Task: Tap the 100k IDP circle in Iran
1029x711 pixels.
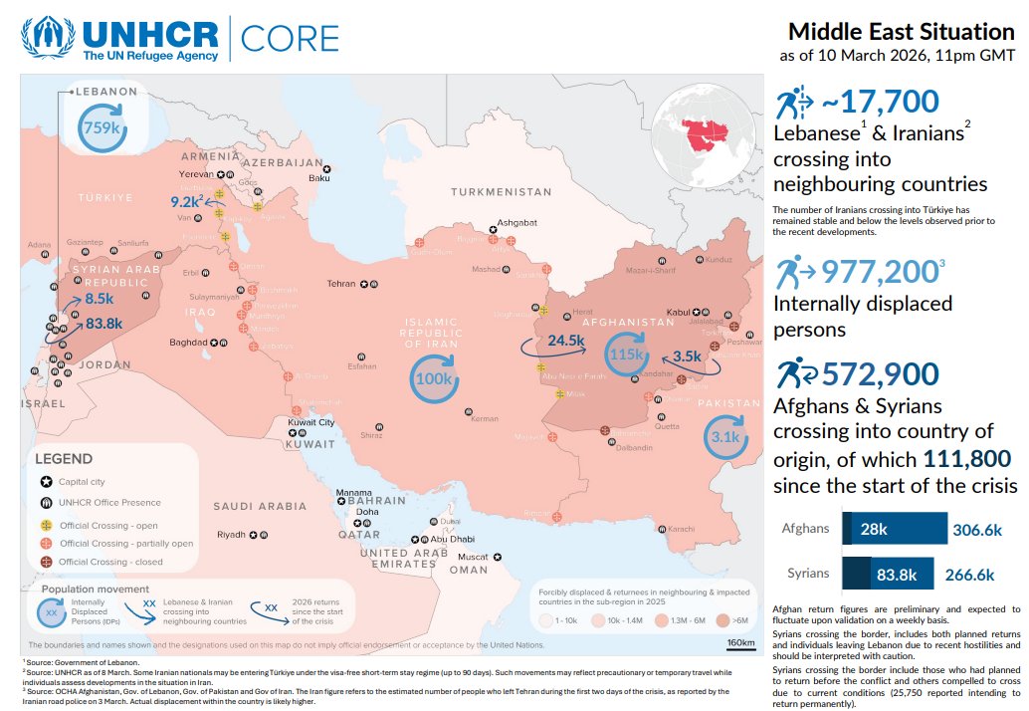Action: tap(434, 378)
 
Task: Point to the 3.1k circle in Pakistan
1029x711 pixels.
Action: tap(725, 437)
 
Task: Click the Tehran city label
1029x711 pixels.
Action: tap(340, 284)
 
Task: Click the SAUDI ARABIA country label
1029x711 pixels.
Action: tap(260, 507)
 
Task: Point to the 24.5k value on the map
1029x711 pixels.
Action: tap(565, 341)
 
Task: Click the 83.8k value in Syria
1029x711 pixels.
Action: tap(103, 323)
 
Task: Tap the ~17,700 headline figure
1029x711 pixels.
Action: tap(880, 102)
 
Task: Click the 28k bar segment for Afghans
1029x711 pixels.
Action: tap(872, 529)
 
